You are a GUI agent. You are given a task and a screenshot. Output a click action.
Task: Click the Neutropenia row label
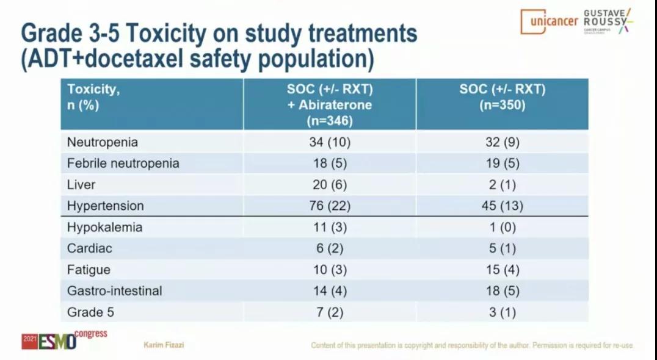pyautogui.click(x=102, y=143)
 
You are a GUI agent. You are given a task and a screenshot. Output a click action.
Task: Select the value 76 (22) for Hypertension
pyautogui.click(x=330, y=206)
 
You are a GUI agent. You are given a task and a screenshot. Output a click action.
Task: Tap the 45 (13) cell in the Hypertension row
pyautogui.click(x=502, y=206)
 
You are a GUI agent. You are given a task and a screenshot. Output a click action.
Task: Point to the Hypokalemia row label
pyautogui.click(x=104, y=228)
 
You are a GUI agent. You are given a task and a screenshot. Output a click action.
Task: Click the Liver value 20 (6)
pyautogui.click(x=330, y=185)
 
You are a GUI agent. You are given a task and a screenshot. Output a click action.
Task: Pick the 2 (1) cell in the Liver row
pyautogui.click(x=502, y=185)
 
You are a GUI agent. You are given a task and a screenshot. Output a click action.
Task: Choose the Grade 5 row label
pyautogui.click(x=90, y=312)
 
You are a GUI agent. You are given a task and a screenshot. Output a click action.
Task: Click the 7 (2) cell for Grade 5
pyautogui.click(x=330, y=312)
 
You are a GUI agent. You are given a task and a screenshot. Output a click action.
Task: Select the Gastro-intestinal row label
pyautogui.click(x=114, y=291)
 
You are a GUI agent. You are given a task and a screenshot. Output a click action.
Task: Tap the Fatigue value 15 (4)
pyautogui.click(x=502, y=270)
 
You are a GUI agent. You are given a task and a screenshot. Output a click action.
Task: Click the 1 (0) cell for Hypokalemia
pyautogui.click(x=502, y=228)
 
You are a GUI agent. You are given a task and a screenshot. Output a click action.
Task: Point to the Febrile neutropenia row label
pyautogui.click(x=123, y=164)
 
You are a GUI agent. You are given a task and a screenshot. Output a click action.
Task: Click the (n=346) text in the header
pyautogui.click(x=330, y=120)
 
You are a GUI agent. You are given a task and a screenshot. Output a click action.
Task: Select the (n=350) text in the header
pyautogui.click(x=502, y=104)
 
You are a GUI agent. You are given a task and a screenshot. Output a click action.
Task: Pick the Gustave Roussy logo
pyautogui.click(x=607, y=21)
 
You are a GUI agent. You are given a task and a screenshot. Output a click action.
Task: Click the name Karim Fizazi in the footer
pyautogui.click(x=164, y=345)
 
